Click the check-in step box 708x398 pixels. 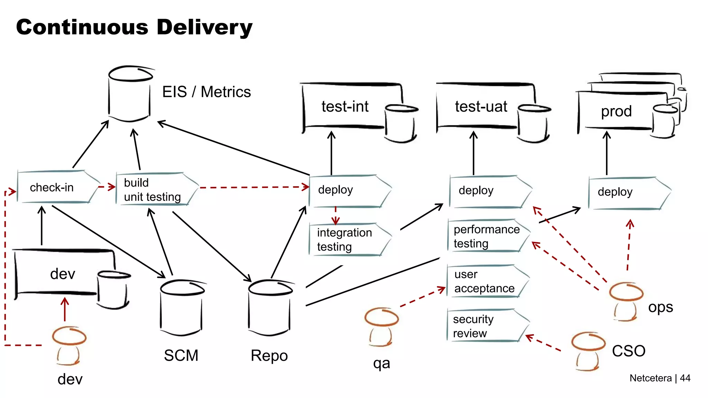click(x=55, y=187)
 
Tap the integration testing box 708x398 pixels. click(x=347, y=239)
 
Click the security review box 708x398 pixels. click(x=484, y=326)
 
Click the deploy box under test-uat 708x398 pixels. click(x=487, y=191)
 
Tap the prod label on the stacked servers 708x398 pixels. click(x=616, y=111)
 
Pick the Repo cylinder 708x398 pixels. click(x=270, y=307)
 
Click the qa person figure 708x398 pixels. click(x=381, y=326)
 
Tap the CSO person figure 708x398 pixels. click(x=588, y=351)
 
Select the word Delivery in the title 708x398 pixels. click(x=204, y=27)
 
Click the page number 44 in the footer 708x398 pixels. click(x=685, y=378)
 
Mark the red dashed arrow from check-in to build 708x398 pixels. click(x=106, y=187)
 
